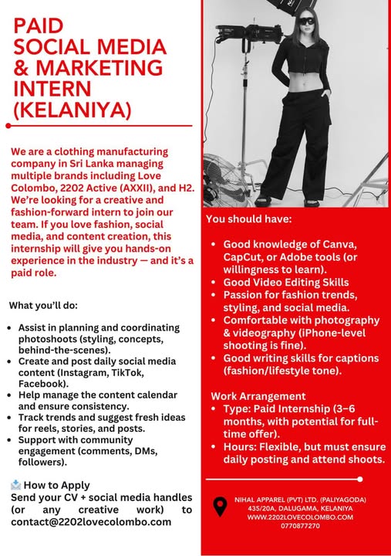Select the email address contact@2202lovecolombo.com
(x=91, y=522)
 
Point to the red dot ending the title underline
(x=8, y=124)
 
